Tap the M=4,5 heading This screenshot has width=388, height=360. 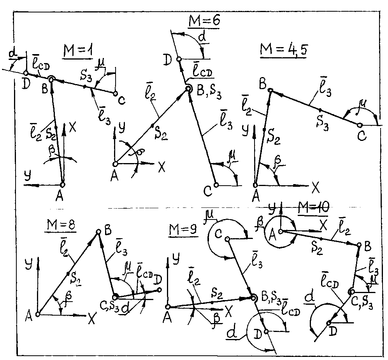280,49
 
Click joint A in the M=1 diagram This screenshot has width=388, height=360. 62,184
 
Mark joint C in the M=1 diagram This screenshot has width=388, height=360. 115,93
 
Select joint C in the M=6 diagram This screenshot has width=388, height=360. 216,184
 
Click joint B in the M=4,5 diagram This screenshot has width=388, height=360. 270,90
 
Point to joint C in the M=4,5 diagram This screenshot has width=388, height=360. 360,125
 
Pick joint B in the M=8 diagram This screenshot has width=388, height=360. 99,232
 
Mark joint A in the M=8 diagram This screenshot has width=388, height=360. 38,314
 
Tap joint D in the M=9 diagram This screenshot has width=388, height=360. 267,332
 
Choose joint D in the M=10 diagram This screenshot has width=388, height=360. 329,322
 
